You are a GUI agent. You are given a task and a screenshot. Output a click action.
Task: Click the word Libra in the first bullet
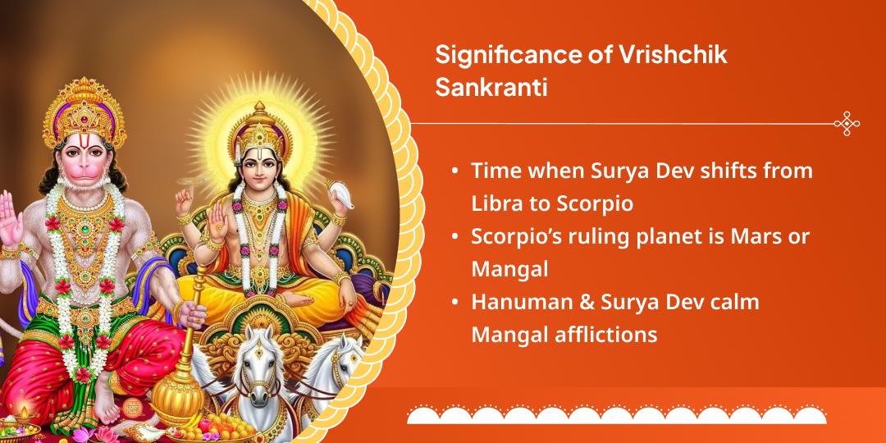[497, 203]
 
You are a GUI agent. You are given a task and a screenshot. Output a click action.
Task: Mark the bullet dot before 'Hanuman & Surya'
[454, 303]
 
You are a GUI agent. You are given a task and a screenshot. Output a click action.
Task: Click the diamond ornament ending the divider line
[846, 124]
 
